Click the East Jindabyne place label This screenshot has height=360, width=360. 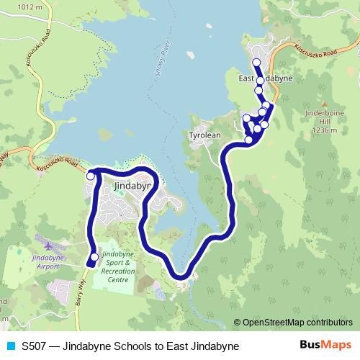click(x=265, y=79)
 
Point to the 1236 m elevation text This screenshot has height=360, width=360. click(x=325, y=131)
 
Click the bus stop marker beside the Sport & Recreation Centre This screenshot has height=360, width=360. click(x=94, y=257)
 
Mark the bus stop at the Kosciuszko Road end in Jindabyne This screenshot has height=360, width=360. click(x=91, y=176)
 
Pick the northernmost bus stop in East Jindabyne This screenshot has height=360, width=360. click(x=256, y=63)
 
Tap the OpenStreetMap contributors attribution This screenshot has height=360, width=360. click(x=296, y=323)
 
